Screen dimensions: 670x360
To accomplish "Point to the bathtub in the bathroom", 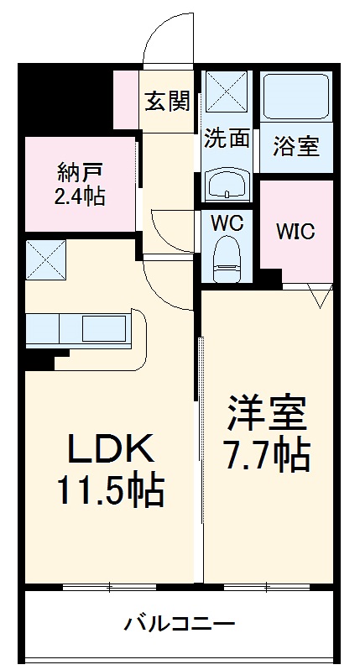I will tap(296, 97).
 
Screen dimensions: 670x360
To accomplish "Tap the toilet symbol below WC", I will tap(227, 259).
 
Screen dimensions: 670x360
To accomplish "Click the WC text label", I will tap(227, 225).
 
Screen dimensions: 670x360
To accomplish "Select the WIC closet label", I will tap(296, 230).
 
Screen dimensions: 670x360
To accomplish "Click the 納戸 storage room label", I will tap(80, 175).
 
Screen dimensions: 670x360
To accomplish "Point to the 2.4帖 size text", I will tap(80, 198).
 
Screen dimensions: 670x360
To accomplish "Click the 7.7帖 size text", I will tap(266, 455).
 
